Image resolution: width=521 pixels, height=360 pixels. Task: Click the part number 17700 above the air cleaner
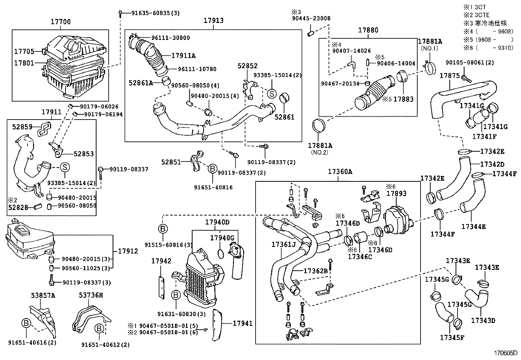pyautogui.click(x=61, y=22)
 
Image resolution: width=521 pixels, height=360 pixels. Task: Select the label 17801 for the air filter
pyautogui.click(x=24, y=63)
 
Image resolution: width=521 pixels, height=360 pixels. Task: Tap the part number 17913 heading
pyautogui.click(x=213, y=20)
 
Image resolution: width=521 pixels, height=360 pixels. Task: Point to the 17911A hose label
pyautogui.click(x=183, y=56)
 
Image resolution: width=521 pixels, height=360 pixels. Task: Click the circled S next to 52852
pyautogui.click(x=272, y=94)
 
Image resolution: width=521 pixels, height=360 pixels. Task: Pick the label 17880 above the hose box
pyautogui.click(x=368, y=30)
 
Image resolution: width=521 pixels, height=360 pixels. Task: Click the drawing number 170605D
pyautogui.click(x=506, y=353)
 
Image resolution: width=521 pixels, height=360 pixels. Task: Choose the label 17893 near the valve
pyautogui.click(x=396, y=194)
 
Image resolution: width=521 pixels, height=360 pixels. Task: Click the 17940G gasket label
pyautogui.click(x=222, y=237)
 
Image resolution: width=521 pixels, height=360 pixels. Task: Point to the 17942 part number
pyautogui.click(x=161, y=261)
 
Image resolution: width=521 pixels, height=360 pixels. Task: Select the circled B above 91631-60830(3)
pyautogui.click(x=176, y=295)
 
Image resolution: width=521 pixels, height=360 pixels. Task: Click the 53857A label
pyautogui.click(x=43, y=295)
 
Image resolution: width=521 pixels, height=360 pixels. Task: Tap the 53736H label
pyautogui.click(x=91, y=295)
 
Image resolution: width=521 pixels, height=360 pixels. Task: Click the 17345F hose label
pyautogui.click(x=452, y=337)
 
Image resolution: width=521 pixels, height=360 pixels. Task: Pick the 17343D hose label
pyautogui.click(x=483, y=320)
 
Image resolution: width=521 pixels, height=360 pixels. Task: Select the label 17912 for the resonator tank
pyautogui.click(x=128, y=251)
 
